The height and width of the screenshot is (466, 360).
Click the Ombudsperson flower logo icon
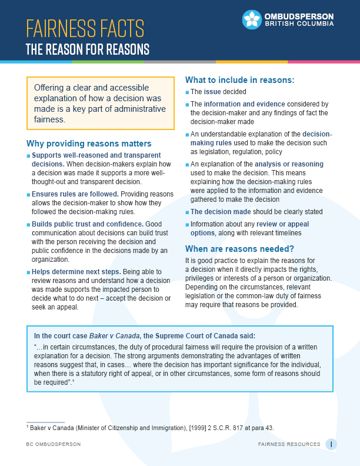tap(252, 19)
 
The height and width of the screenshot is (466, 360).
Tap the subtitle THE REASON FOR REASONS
tap(87, 49)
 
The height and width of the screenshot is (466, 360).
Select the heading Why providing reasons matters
tap(89, 144)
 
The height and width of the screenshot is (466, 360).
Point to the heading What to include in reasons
tap(239, 79)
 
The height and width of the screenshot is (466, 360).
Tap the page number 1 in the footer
tap(332, 444)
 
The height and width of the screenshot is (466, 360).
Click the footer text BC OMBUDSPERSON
tap(54, 444)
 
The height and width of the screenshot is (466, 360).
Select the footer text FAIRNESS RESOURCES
tap(289, 444)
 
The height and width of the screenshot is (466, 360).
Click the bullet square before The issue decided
tap(187, 92)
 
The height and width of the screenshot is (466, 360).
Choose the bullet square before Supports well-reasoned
tap(28, 156)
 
